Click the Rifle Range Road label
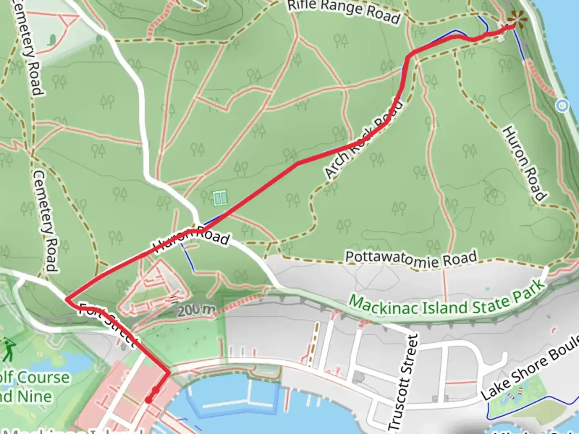pos(344,11)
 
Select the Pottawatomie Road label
pos(411,259)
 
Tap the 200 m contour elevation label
pos(196,309)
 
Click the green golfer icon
pos(8,349)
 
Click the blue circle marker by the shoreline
pos(562,106)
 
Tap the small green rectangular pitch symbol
pos(220,198)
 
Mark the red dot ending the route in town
pos(148,400)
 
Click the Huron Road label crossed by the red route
pos(191,240)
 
